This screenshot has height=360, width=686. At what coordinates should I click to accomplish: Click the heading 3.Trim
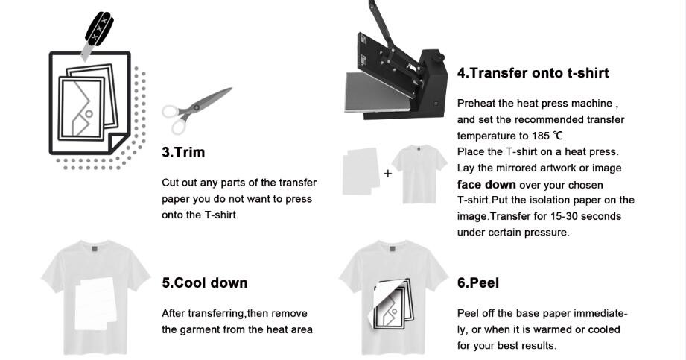[183, 152]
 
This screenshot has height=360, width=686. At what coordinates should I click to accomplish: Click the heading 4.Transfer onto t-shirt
[533, 73]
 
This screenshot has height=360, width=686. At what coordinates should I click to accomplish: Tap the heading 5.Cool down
[205, 283]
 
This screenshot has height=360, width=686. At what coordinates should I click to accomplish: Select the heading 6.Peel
[478, 283]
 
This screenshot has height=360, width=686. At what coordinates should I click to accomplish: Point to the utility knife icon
[98, 36]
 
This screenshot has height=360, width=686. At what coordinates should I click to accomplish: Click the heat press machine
[396, 66]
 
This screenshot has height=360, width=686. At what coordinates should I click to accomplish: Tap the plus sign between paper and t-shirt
[387, 174]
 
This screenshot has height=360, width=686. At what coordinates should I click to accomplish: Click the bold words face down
[486, 184]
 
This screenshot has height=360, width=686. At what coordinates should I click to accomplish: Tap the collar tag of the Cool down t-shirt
[95, 249]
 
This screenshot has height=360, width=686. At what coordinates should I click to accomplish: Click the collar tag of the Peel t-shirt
[392, 249]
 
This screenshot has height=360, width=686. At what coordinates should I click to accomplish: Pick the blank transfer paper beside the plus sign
[361, 171]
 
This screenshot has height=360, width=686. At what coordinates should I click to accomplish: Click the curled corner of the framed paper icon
[117, 142]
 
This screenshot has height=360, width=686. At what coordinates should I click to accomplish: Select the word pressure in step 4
[550, 233]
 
